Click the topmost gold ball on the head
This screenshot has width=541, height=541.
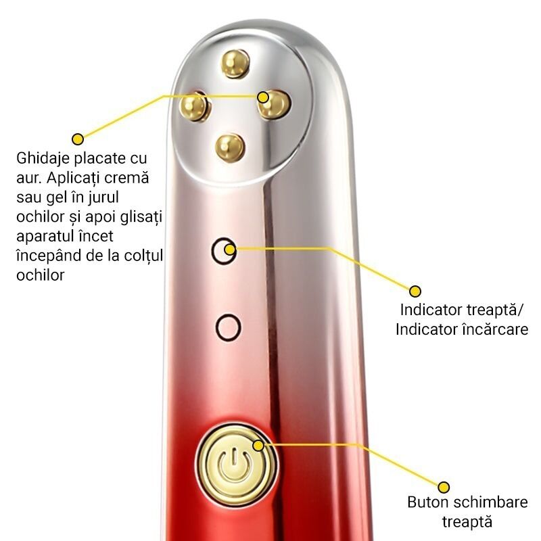pyautogui.click(x=235, y=64)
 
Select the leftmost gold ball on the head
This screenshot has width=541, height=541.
pyautogui.click(x=195, y=106)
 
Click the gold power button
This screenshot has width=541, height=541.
pyautogui.click(x=236, y=465)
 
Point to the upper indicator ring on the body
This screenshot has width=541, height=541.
pyautogui.click(x=213, y=251)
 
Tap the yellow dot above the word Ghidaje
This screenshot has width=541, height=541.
pyautogui.click(x=78, y=139)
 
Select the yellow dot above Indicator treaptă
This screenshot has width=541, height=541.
pyautogui.click(x=415, y=291)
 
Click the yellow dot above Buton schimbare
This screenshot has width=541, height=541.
pyautogui.click(x=444, y=487)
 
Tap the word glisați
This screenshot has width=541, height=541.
pyautogui.click(x=142, y=217)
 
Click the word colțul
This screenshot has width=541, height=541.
pyautogui.click(x=143, y=256)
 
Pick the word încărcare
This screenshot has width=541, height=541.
pyautogui.click(x=495, y=329)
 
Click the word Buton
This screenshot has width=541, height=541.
pyautogui.click(x=428, y=502)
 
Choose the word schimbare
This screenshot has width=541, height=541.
pyautogui.click(x=491, y=502)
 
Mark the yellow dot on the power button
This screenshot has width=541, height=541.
pyautogui.click(x=258, y=446)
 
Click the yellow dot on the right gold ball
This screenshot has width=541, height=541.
pyautogui.click(x=263, y=97)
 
